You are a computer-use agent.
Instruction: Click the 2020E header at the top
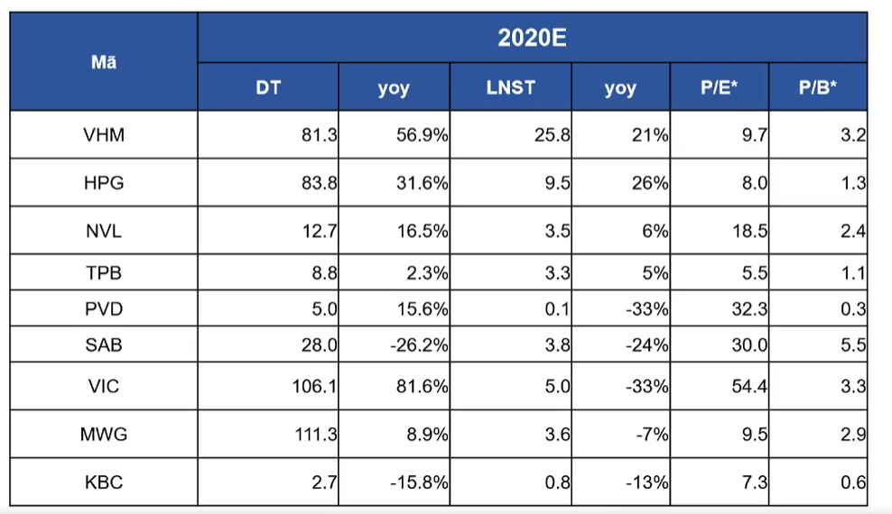(532, 38)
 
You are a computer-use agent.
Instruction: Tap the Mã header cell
(104, 61)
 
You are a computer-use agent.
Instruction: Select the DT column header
(268, 87)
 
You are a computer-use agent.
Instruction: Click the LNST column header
(510, 87)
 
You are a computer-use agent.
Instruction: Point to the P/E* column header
(719, 87)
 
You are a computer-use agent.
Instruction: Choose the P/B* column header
(817, 87)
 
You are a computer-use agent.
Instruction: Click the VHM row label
(104, 135)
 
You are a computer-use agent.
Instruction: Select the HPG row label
(104, 183)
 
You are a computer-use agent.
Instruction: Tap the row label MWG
(104, 435)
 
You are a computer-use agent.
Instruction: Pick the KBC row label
(104, 482)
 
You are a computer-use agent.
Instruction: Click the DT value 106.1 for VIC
(314, 387)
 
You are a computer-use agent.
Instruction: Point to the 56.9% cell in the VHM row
(423, 135)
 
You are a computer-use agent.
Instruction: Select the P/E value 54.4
(749, 387)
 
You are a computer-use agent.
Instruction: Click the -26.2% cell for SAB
(419, 344)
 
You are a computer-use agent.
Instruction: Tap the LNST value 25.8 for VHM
(553, 135)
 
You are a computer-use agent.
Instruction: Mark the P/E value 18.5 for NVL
(749, 231)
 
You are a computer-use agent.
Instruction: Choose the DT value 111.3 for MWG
(316, 435)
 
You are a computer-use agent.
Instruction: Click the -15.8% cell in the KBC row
(419, 482)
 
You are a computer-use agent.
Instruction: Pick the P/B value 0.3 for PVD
(853, 309)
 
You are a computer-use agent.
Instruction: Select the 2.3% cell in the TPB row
(427, 273)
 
